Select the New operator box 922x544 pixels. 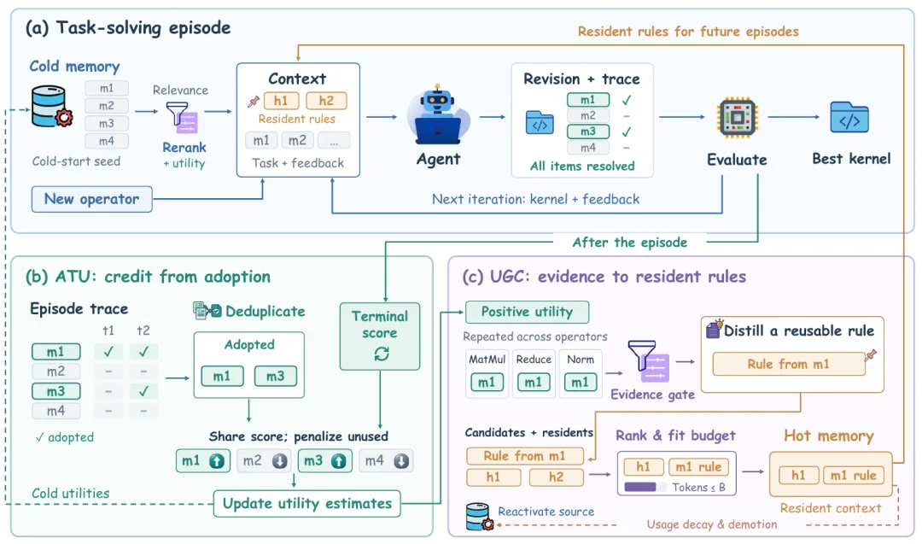pyautogui.click(x=91, y=199)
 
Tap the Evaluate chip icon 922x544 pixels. pyautogui.click(x=737, y=118)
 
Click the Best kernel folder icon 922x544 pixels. pyautogui.click(x=849, y=117)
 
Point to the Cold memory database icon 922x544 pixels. pyautogui.click(x=52, y=107)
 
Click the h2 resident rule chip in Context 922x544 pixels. pyautogui.click(x=326, y=101)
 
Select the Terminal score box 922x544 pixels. pyautogui.click(x=380, y=336)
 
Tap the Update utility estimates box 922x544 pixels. pyautogui.click(x=307, y=503)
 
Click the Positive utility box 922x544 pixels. pyautogui.click(x=527, y=312)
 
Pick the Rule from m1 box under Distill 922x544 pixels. pyautogui.click(x=789, y=364)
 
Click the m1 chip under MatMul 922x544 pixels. pyautogui.click(x=487, y=383)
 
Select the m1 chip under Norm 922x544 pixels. pyautogui.click(x=580, y=383)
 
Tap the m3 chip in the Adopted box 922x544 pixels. pyautogui.click(x=275, y=376)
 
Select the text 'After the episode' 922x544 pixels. pyautogui.click(x=630, y=243)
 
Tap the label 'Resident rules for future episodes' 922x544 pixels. pyautogui.click(x=688, y=31)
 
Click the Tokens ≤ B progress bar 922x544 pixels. pyautogui.click(x=645, y=487)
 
